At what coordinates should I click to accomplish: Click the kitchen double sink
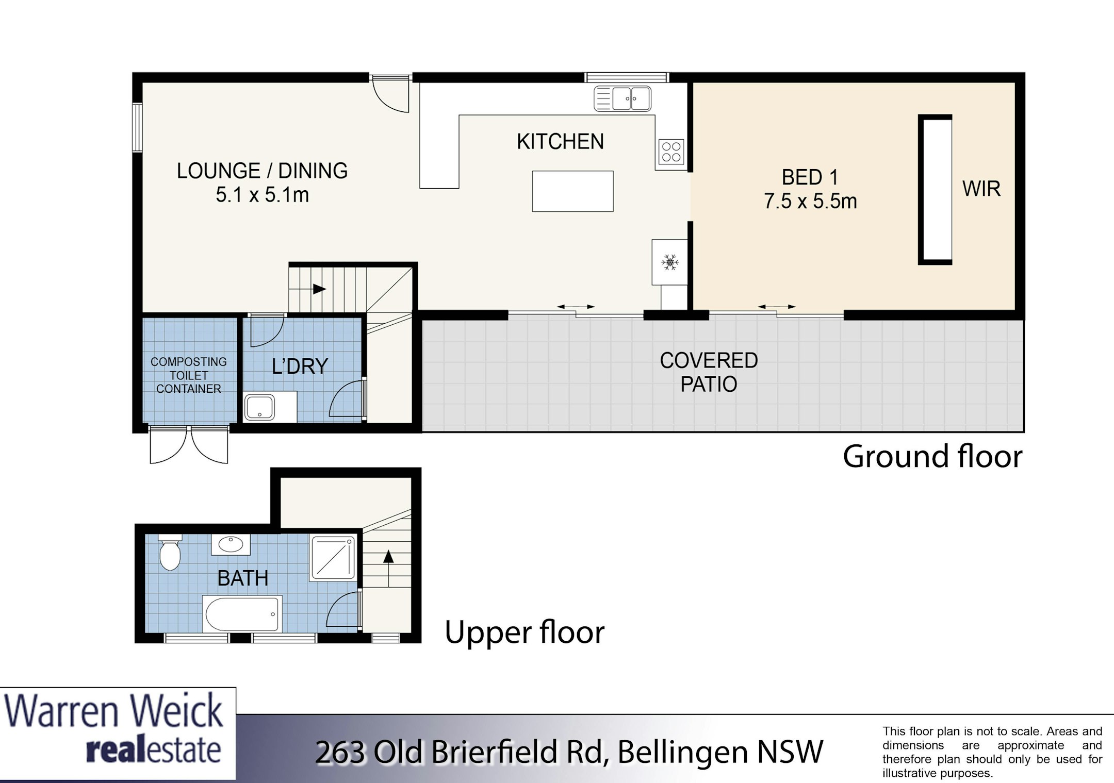tap(622, 98)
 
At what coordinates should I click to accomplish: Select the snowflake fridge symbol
tap(670, 262)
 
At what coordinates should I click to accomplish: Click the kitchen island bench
tap(572, 191)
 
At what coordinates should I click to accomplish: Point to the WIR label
tap(981, 189)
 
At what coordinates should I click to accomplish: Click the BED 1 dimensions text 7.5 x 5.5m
tap(810, 201)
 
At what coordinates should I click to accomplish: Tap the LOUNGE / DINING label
tap(262, 171)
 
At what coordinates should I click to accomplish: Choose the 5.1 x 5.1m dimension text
tap(262, 195)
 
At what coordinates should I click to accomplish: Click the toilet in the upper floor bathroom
tap(170, 552)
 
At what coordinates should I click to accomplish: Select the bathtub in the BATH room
tap(242, 614)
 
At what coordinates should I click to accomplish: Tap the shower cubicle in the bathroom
tap(333, 558)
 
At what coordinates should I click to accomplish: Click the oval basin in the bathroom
tap(231, 544)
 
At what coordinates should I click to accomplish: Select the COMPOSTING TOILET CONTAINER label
tap(189, 375)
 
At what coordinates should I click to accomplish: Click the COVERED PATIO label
tap(709, 372)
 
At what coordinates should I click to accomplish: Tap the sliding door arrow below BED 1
tap(777, 307)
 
